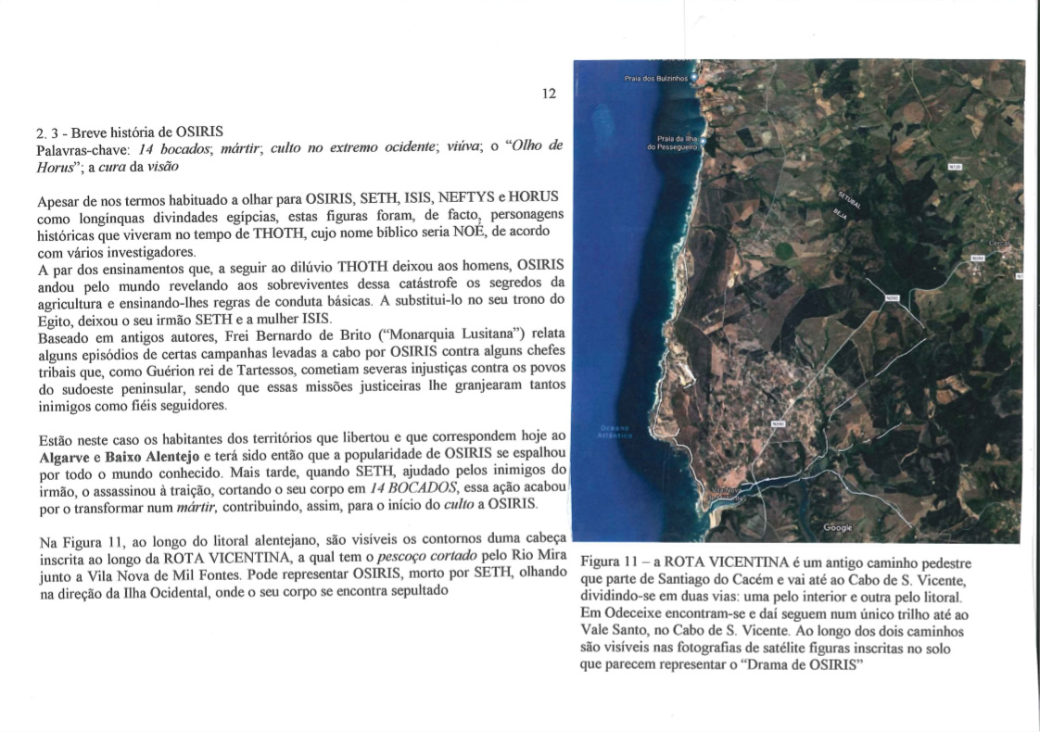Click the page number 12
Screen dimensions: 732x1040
[549, 94]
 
